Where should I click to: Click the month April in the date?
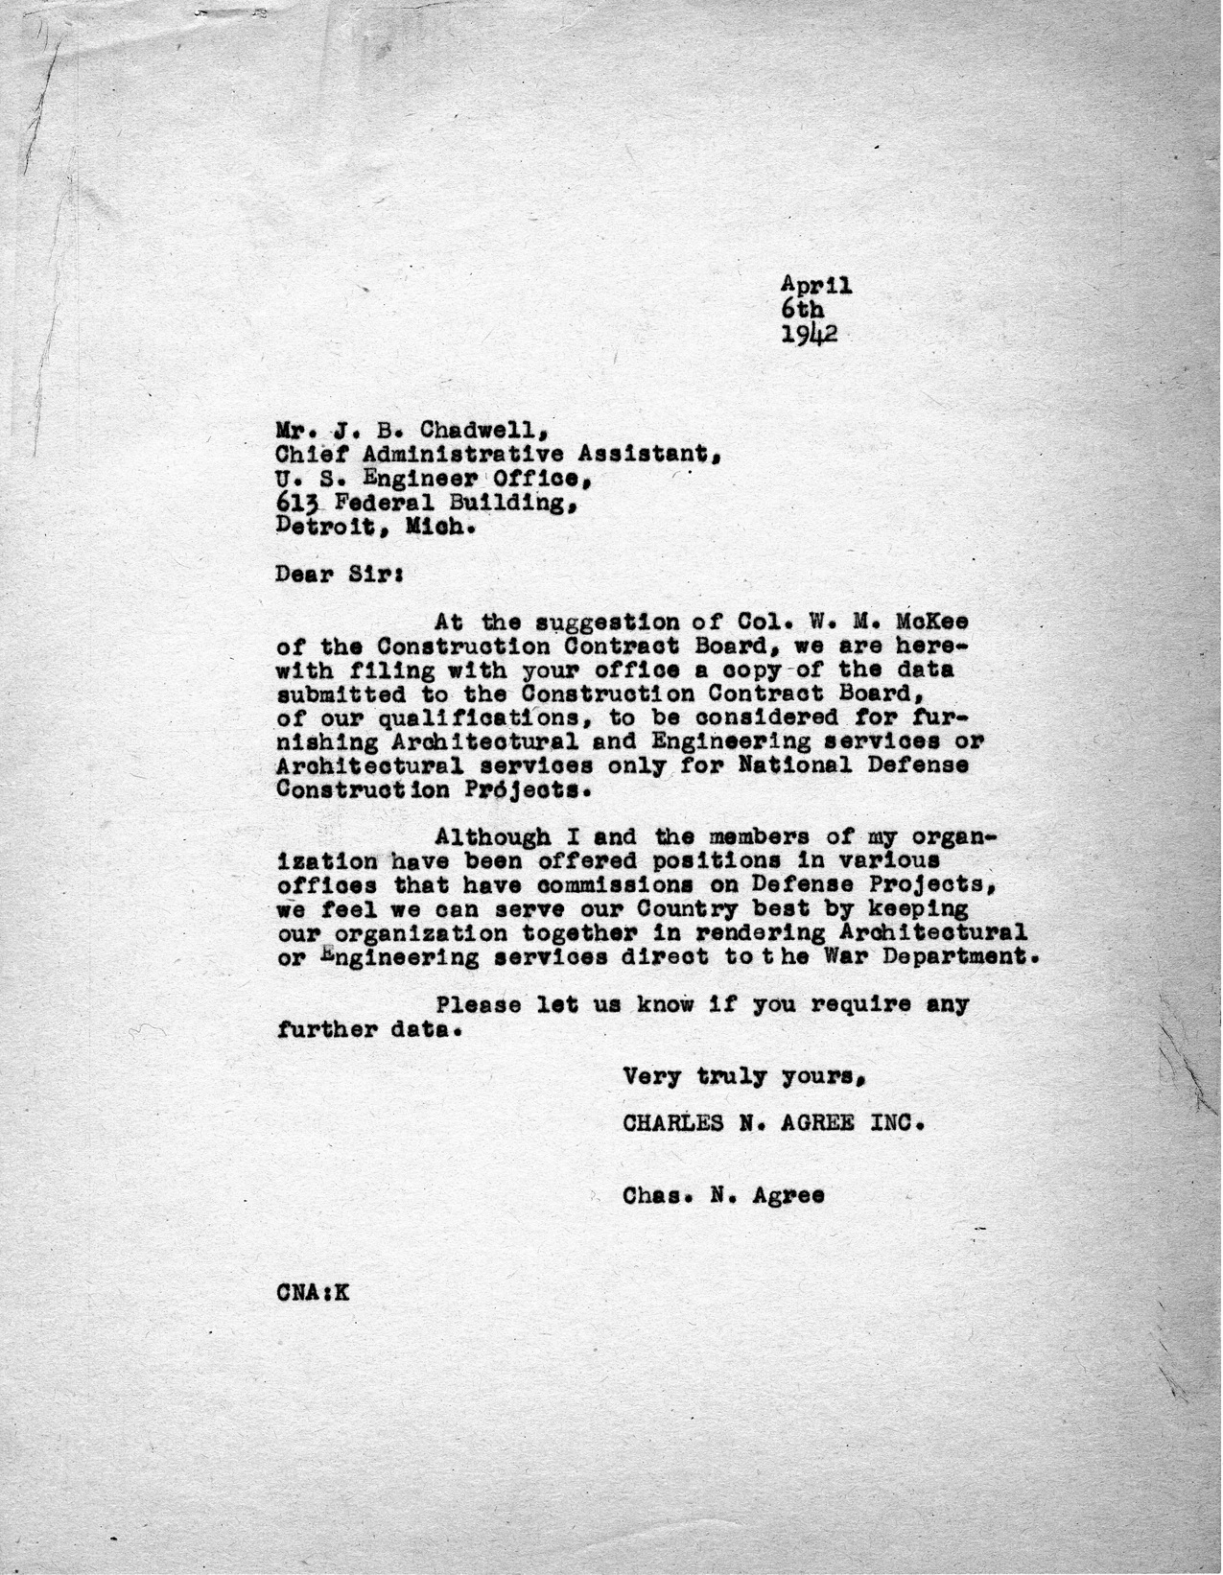pos(816,285)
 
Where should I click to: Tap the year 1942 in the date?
pos(811,334)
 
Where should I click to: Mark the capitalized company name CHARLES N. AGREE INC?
pos(773,1123)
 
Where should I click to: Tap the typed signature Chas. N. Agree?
pos(723,1195)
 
